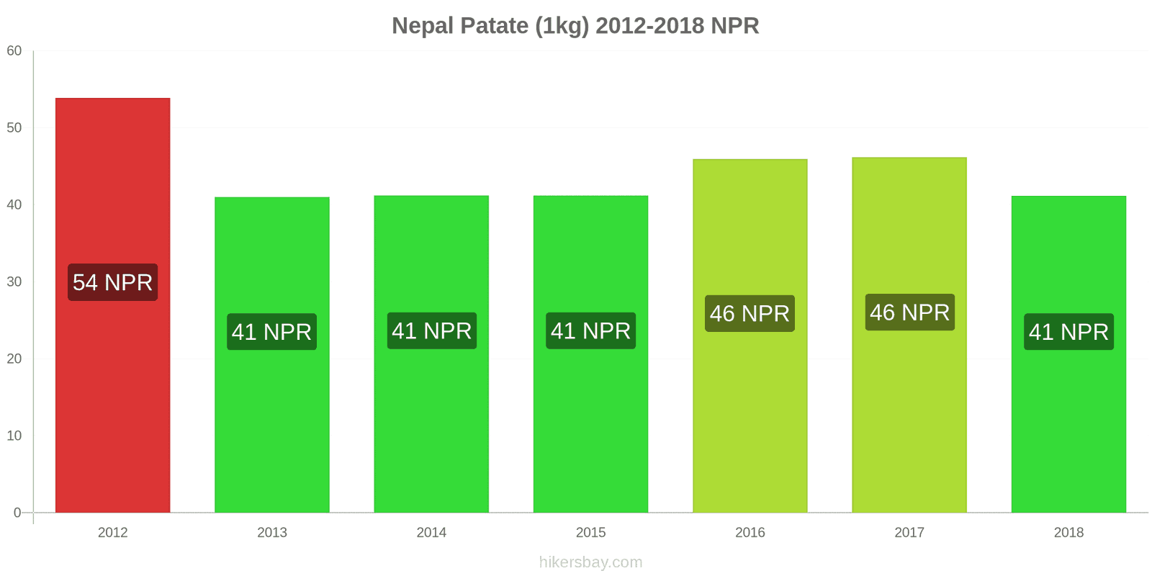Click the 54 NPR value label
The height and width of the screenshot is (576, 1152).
pyautogui.click(x=112, y=282)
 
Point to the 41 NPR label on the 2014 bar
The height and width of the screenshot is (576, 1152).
pyautogui.click(x=431, y=331)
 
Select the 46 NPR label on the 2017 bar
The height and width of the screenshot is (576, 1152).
pyautogui.click(x=909, y=312)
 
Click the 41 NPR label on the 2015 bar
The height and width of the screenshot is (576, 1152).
pyautogui.click(x=590, y=331)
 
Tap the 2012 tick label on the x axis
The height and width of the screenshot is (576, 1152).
pyautogui.click(x=112, y=533)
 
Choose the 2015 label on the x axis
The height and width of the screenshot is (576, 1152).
pyautogui.click(x=590, y=533)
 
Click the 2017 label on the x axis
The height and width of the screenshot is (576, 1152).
pyautogui.click(x=909, y=533)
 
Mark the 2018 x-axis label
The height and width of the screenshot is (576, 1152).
pyautogui.click(x=1068, y=533)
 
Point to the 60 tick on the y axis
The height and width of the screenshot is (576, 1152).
pyautogui.click(x=14, y=51)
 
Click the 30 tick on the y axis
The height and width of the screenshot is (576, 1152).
pyautogui.click(x=14, y=282)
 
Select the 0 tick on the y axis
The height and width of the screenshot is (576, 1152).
pyautogui.click(x=17, y=513)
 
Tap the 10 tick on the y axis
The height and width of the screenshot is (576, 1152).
pyautogui.click(x=14, y=436)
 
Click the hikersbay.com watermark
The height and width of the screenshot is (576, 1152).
pyautogui.click(x=590, y=562)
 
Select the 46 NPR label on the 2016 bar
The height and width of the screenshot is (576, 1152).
pyautogui.click(x=750, y=314)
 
